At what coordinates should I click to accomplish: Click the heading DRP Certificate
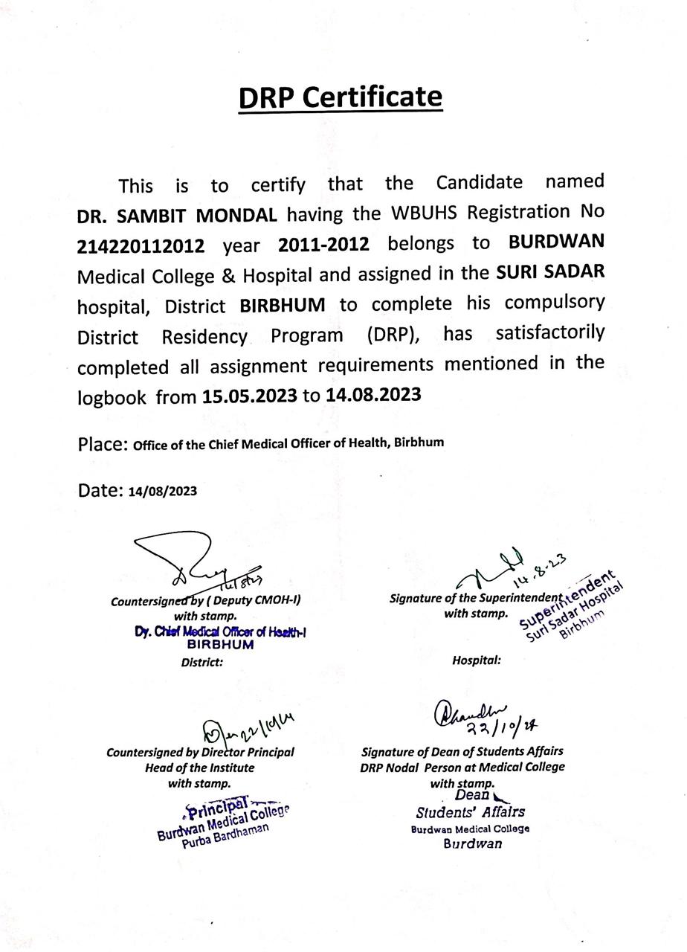pos(341,97)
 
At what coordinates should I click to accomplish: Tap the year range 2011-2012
pos(323,245)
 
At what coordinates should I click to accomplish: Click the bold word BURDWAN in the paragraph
pos(556,242)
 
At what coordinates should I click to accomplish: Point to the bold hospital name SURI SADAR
pos(550,272)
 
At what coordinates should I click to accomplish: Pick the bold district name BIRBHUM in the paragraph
pos(283,305)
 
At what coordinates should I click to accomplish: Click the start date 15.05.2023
pos(249,396)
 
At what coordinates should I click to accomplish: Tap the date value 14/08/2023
pos(163,492)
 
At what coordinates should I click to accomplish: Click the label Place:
pos(103,444)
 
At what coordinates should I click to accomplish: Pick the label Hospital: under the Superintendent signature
pos(476,660)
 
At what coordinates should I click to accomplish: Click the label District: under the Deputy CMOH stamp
pos(202,661)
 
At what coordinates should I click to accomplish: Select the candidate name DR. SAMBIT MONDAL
pos(177,216)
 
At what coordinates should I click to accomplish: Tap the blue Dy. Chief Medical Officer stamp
pos(221,638)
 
